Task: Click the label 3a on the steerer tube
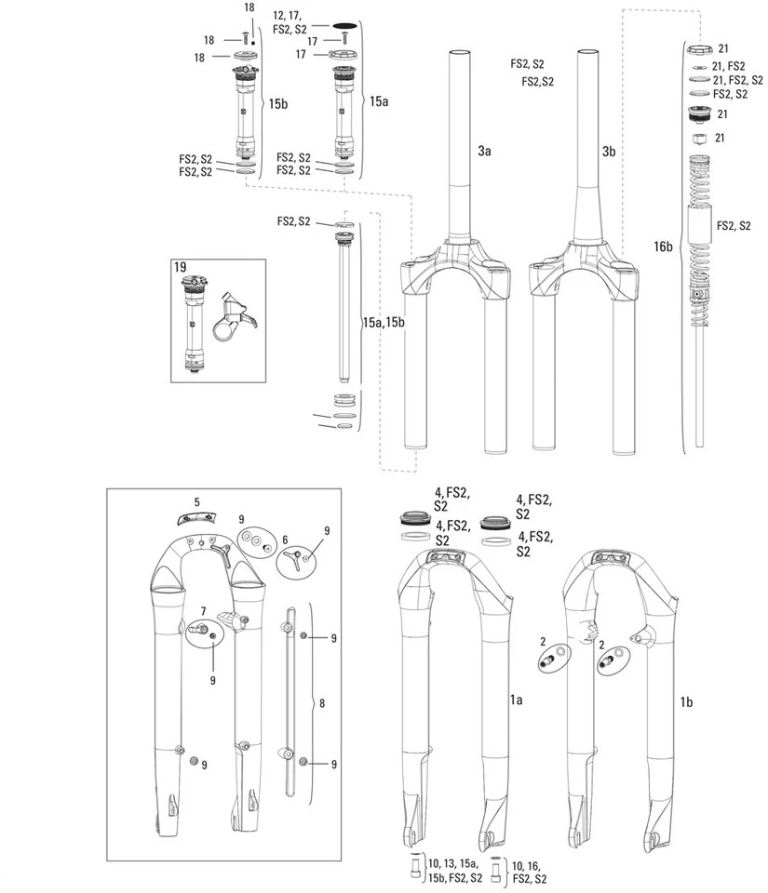[484, 150]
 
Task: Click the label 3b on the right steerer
[610, 150]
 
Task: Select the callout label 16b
[663, 247]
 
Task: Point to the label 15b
[278, 104]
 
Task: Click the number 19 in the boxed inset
[181, 267]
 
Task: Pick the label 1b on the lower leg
[686, 701]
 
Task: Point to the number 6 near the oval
[285, 540]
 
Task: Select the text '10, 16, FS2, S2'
[531, 871]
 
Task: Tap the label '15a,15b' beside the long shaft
[384, 322]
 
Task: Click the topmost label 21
[724, 48]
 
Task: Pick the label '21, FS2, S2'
[737, 80]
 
